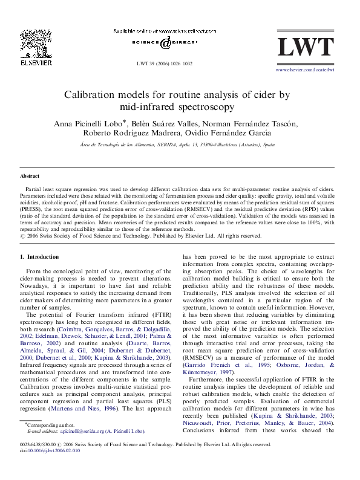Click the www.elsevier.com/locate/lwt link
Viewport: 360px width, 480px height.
pyautogui.click(x=305, y=70)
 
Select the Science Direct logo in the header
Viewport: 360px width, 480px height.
pyautogui.click(x=165, y=43)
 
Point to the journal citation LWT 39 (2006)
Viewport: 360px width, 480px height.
pyautogui.click(x=165, y=63)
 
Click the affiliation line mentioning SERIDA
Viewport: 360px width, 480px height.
pyautogui.click(x=178, y=145)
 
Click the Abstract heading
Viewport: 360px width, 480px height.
pyautogui.click(x=30, y=176)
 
